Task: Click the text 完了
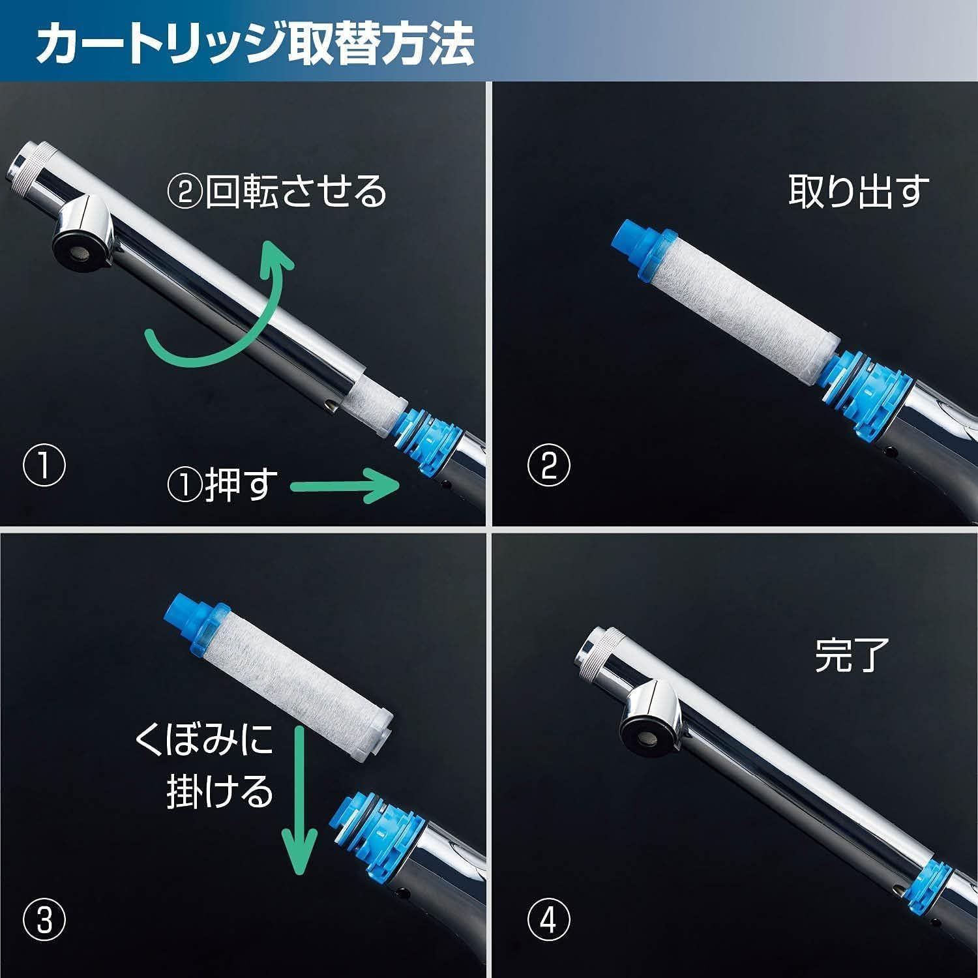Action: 852,655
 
